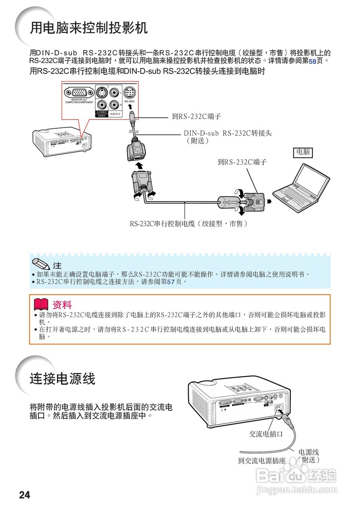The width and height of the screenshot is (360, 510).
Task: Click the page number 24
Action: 24,495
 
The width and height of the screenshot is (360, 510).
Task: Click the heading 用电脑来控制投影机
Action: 89,28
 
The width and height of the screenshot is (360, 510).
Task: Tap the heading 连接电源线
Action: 63,379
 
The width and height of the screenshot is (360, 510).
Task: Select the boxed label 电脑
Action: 303,152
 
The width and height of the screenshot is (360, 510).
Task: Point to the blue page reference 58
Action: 312,62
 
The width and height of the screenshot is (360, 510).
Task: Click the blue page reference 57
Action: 171,282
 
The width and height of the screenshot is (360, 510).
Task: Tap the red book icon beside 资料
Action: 41,305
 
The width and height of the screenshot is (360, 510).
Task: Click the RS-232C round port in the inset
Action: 129,93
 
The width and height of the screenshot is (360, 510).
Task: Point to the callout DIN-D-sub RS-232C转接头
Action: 227,137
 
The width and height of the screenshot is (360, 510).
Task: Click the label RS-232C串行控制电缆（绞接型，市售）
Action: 189,224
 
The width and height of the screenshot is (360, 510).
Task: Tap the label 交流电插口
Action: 266,434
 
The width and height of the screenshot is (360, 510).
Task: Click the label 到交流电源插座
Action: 262,461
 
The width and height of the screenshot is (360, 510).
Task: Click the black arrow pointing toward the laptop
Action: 269,202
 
